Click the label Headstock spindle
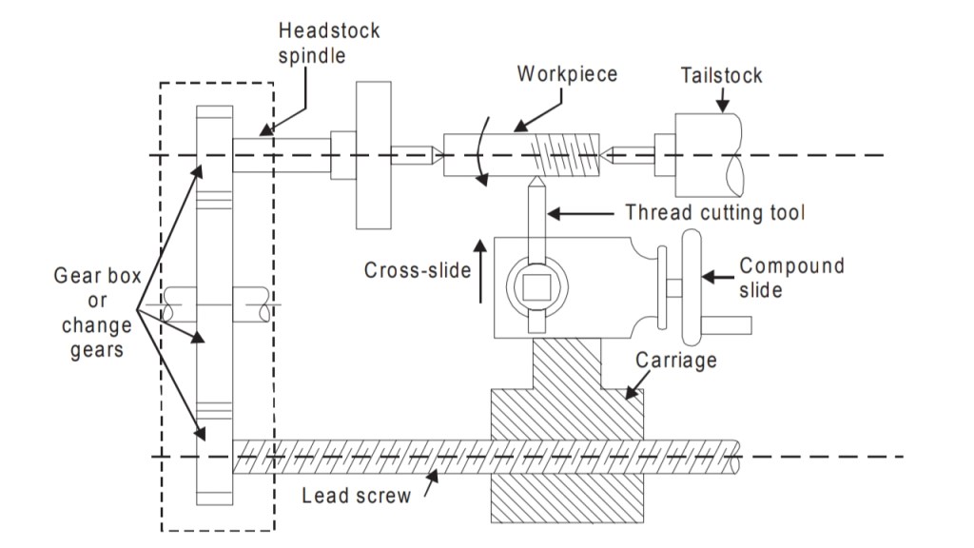(329, 43)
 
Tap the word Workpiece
(567, 74)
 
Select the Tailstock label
(721, 75)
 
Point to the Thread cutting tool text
(714, 212)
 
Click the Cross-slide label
(418, 270)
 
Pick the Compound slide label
(791, 276)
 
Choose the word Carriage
(675, 361)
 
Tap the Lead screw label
(357, 496)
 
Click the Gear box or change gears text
(97, 312)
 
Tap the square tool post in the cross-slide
(536, 284)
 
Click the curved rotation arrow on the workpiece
(486, 152)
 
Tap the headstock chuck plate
(374, 155)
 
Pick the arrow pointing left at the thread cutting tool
(580, 213)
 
